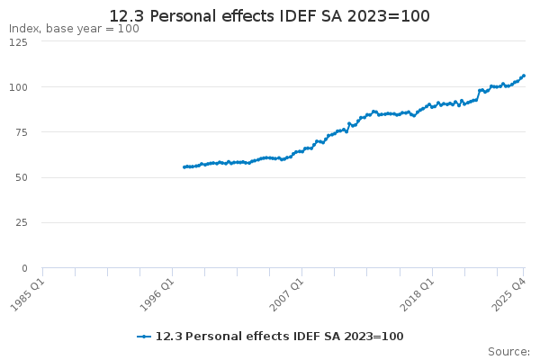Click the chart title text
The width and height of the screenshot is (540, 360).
click(269, 16)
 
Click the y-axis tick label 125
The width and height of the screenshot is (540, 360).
click(17, 42)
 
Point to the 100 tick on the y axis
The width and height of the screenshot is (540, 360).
click(17, 87)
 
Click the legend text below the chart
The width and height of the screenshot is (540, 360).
click(279, 337)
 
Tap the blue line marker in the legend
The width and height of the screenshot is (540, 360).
click(144, 337)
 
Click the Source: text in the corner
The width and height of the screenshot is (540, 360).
click(508, 352)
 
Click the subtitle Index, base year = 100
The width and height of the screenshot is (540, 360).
click(74, 29)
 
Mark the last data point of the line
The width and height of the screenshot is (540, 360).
click(524, 76)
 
